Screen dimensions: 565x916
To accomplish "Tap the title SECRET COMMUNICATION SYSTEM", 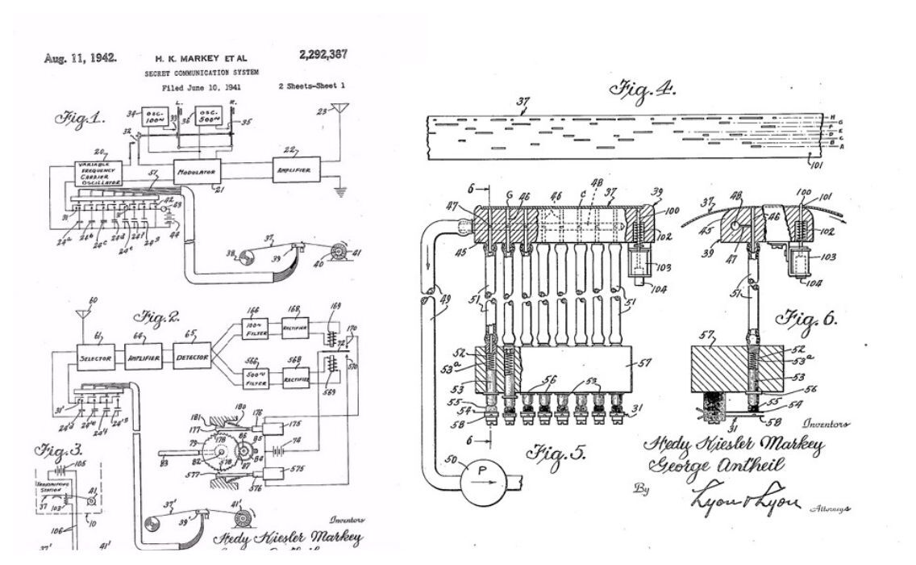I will [x=194, y=72].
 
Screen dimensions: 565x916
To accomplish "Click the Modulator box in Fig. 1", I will [x=198, y=173].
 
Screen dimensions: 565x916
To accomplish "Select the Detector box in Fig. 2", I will [x=191, y=356].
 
